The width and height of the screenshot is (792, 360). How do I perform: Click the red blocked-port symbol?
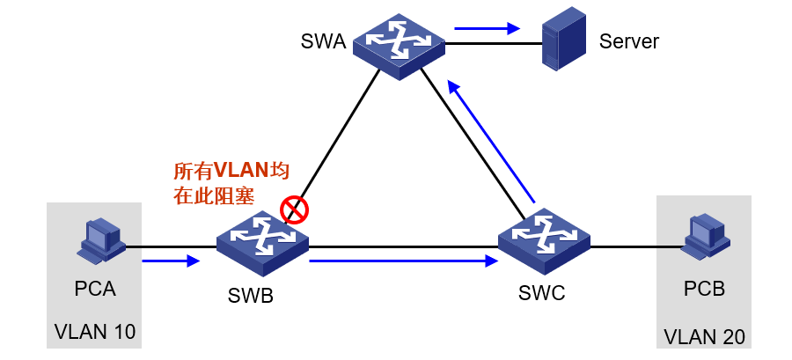click(x=293, y=209)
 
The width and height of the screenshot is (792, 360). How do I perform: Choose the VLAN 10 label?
click(x=95, y=332)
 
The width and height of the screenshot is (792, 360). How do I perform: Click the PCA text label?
click(x=94, y=289)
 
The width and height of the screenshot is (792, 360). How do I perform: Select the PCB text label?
click(x=704, y=289)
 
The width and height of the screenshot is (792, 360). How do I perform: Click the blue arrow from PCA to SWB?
click(x=171, y=261)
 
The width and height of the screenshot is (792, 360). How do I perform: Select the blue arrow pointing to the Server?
click(x=487, y=28)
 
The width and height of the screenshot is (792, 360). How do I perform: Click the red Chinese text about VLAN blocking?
click(x=231, y=183)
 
